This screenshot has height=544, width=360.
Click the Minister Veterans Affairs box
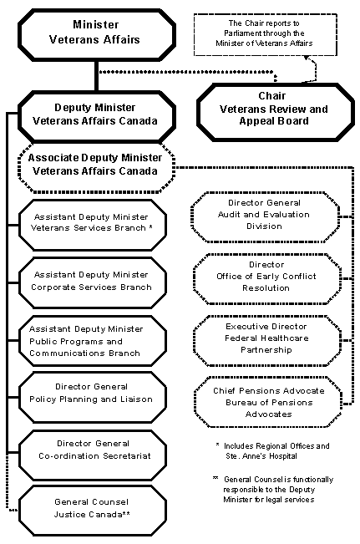pyautogui.click(x=95, y=32)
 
